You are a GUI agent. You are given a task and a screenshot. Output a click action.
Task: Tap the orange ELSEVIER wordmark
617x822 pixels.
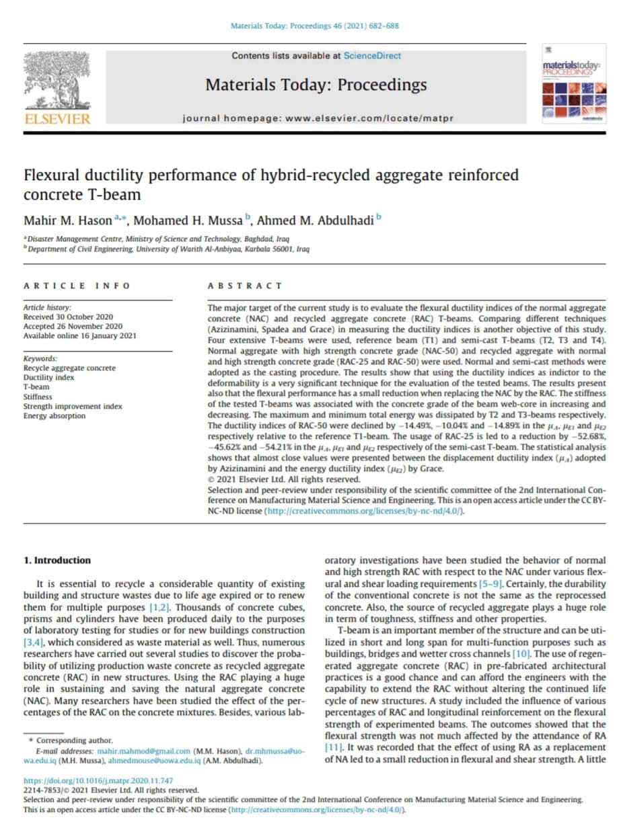pyautogui.click(x=57, y=119)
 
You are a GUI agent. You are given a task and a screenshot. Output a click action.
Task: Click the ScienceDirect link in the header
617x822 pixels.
pyautogui.click(x=372, y=56)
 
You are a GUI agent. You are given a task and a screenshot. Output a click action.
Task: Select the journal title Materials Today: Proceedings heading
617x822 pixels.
pyautogui.click(x=316, y=85)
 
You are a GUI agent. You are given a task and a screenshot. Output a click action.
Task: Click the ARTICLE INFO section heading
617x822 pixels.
pyautogui.click(x=77, y=286)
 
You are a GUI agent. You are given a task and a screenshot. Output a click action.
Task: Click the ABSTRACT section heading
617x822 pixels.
pyautogui.click(x=235, y=286)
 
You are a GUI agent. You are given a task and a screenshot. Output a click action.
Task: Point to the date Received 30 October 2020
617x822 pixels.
pyautogui.click(x=68, y=317)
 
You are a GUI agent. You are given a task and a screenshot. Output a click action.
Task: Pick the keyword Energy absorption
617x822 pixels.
pyautogui.click(x=55, y=415)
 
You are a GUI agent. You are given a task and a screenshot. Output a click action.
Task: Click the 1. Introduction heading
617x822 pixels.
pyautogui.click(x=57, y=560)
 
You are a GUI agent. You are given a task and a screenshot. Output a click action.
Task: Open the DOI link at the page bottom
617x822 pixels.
pyautogui.click(x=98, y=780)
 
